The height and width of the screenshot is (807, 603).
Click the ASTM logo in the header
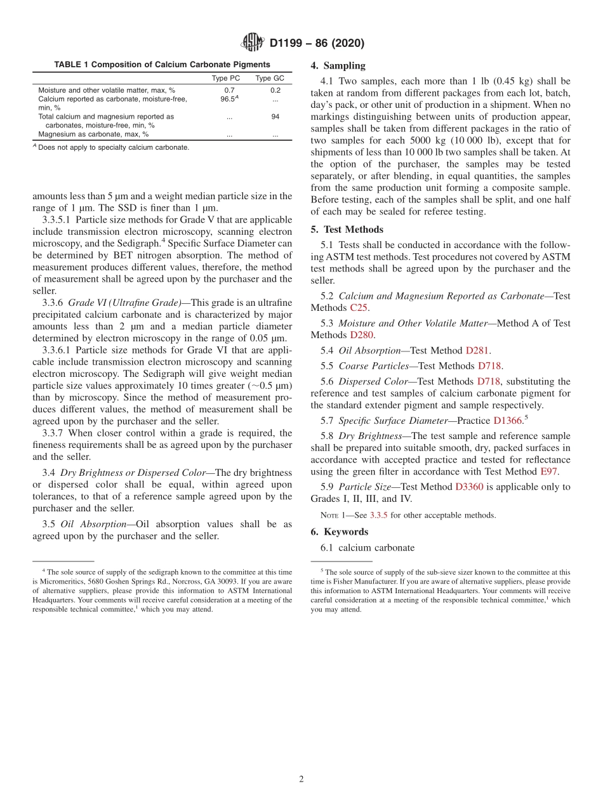point(253,43)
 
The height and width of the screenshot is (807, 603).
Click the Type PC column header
point(225,78)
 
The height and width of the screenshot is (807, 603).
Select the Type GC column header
point(270,78)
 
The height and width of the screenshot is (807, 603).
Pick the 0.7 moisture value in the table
point(229,90)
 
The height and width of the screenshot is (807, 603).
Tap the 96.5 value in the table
point(228,99)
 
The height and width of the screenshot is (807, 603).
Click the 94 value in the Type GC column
point(275,117)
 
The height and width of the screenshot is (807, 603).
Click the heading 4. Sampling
point(338,65)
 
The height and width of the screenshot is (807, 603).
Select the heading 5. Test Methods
point(347,230)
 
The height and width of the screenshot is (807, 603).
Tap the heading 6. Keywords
point(340,532)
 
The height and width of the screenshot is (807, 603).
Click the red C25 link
point(359,308)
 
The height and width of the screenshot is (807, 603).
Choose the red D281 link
point(477,350)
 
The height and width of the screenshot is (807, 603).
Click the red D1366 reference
point(507,420)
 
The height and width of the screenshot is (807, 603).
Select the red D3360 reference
point(469,487)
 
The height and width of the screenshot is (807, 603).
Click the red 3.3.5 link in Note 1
point(379,515)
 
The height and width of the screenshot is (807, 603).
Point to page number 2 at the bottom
point(301,780)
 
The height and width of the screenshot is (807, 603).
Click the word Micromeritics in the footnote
point(61,581)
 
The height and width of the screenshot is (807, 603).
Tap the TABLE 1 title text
point(162,65)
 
